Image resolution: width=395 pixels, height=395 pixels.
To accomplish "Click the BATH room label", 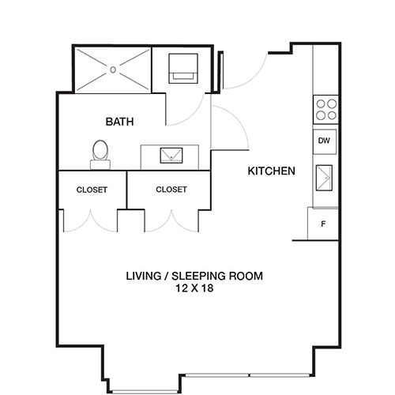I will [x=120, y=122].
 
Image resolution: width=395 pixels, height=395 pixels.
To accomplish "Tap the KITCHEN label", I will [x=272, y=171].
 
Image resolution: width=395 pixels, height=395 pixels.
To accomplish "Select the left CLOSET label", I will [x=92, y=190].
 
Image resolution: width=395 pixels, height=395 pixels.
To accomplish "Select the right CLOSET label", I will [x=171, y=190].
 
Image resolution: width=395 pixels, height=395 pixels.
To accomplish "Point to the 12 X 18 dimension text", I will [x=194, y=289].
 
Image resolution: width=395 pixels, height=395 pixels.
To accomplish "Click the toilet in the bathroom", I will [x=100, y=153].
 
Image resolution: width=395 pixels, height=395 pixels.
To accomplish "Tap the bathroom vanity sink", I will [x=170, y=156].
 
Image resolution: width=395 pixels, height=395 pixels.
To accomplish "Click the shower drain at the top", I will [x=114, y=70].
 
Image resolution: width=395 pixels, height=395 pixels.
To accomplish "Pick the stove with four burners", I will [x=325, y=108].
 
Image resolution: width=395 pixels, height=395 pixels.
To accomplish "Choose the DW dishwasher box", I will [x=324, y=141].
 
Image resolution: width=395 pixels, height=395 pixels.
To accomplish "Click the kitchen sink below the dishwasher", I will [x=325, y=179].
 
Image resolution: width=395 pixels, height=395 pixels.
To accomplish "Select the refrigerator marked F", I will [x=322, y=224].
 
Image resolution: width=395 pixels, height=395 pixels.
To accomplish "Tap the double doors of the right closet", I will [x=170, y=221].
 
